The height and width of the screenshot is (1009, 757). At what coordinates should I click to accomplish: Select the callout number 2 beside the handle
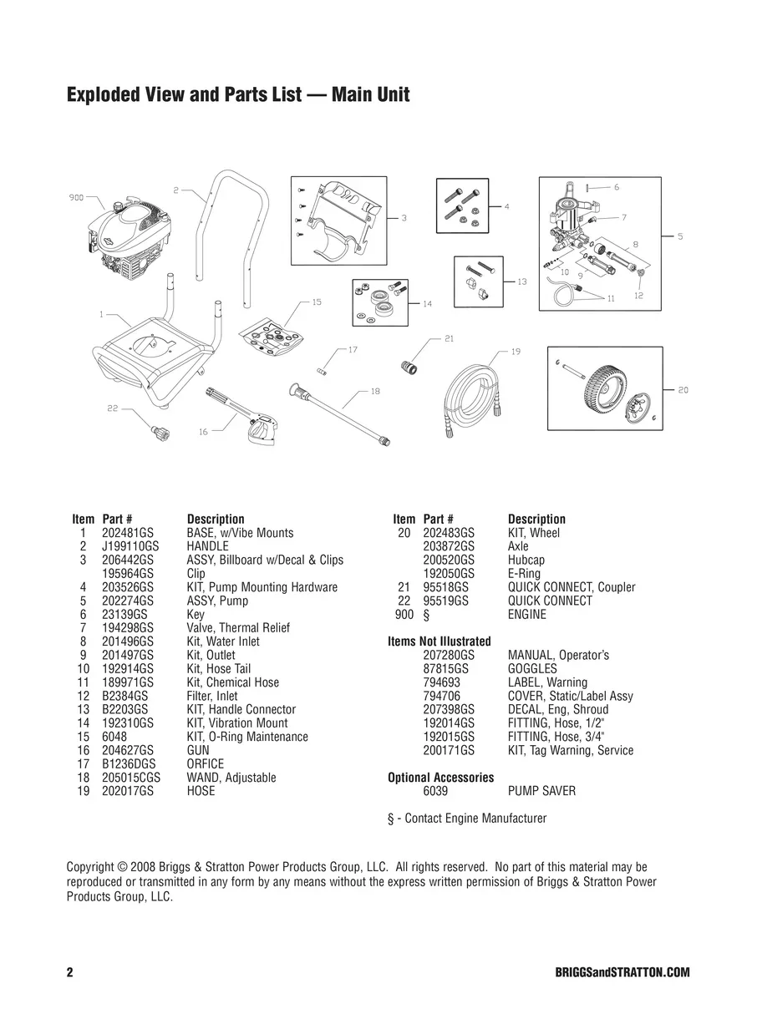point(176,190)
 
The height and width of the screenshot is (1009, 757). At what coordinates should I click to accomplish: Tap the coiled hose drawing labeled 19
point(474,389)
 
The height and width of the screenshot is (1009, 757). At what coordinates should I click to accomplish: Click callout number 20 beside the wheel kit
point(683,390)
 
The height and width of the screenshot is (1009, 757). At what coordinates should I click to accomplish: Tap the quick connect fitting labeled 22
point(155,433)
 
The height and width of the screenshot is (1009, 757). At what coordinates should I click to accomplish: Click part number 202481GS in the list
point(127,533)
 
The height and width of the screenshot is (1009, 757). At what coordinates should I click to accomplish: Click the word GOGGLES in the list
point(532,669)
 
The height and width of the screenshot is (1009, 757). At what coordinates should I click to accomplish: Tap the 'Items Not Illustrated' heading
point(439,641)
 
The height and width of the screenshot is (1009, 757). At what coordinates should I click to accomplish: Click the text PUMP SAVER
point(541,791)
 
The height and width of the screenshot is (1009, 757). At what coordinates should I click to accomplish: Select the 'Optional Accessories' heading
point(440,778)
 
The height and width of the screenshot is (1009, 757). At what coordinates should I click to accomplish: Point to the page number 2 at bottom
point(70,973)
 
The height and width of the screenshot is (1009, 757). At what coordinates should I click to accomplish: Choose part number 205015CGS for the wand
point(132,778)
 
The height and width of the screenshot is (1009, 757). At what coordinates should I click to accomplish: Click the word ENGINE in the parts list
point(527,615)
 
